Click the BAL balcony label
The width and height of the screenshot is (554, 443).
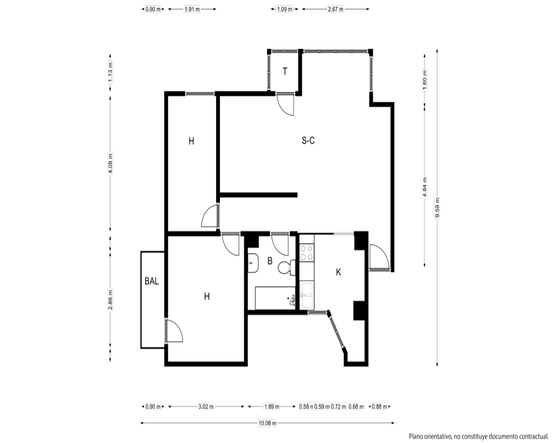tap(152, 281)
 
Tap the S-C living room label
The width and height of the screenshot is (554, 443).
tap(308, 141)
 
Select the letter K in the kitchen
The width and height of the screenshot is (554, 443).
tap(338, 272)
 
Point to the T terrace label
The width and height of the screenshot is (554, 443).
tap(285, 72)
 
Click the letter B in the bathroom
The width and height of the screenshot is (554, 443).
tap(270, 261)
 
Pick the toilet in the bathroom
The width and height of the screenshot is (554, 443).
tap(286, 268)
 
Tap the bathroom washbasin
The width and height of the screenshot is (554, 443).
tap(252, 263)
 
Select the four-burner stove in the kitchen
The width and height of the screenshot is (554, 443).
tap(307, 253)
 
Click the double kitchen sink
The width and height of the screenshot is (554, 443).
tap(307, 295)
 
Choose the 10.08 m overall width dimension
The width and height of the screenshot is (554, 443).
tap(267, 423)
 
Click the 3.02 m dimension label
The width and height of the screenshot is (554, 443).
tap(206, 406)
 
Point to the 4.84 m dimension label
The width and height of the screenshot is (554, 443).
tap(425, 187)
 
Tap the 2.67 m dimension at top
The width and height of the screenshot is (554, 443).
tap(336, 9)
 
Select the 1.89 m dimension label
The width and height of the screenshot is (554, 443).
tap(271, 406)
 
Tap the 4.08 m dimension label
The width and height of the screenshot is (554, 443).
tap(110, 163)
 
